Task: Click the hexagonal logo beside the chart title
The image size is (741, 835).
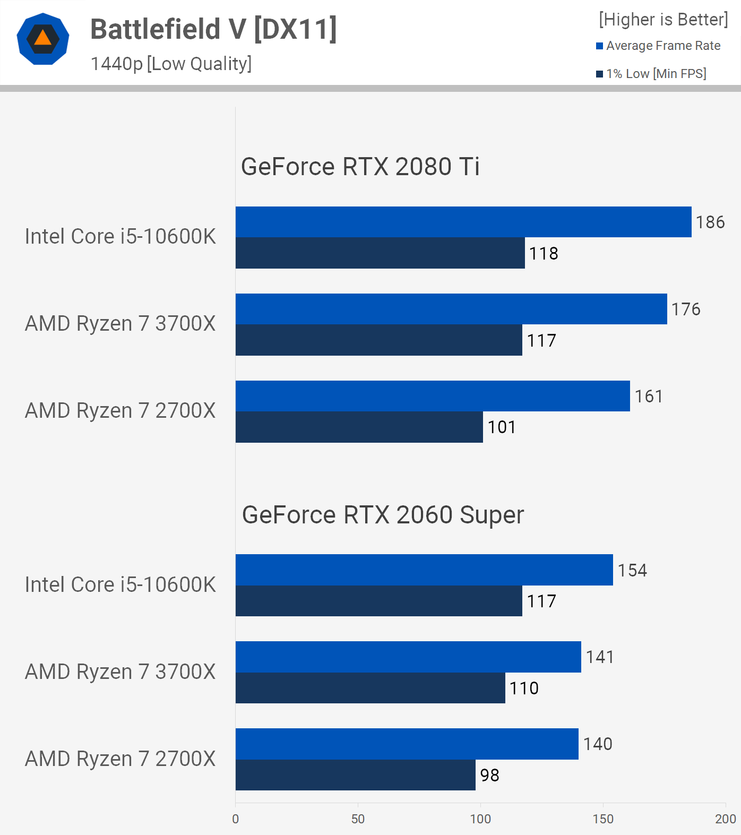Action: (43, 39)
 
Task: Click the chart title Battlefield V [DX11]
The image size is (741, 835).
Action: (213, 29)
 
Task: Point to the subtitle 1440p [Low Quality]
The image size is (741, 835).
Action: (171, 64)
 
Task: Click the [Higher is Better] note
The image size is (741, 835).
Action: (663, 20)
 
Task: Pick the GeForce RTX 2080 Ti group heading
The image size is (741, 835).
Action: (360, 167)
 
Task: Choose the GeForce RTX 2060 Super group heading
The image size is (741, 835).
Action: (383, 515)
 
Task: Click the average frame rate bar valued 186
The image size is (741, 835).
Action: (463, 222)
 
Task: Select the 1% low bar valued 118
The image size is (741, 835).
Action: (380, 253)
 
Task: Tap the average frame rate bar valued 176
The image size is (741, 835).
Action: (451, 309)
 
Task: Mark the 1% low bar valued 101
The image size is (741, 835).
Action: (359, 427)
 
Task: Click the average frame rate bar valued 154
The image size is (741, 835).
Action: (424, 570)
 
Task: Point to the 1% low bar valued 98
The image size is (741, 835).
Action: (355, 775)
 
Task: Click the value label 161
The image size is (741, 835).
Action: (649, 397)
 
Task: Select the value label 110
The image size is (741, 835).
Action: (524, 688)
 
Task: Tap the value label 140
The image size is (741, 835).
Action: (598, 744)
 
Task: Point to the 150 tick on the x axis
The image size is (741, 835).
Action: (603, 819)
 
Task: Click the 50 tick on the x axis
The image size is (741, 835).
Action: (358, 819)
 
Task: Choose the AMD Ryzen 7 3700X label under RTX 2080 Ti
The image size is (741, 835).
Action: (120, 324)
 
